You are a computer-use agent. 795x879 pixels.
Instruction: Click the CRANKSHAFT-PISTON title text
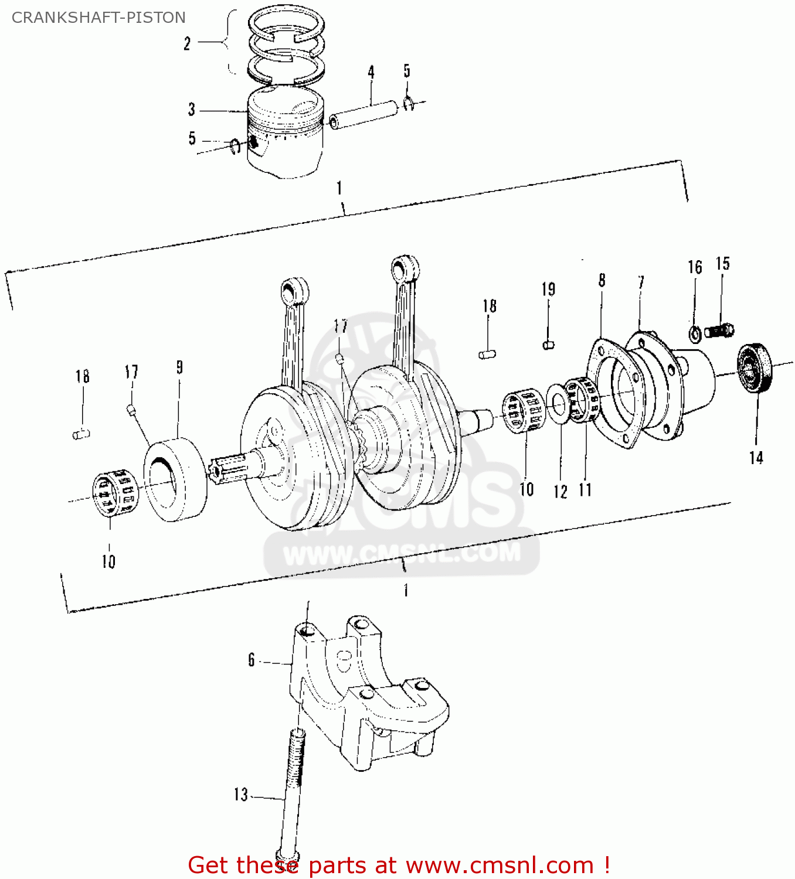98,18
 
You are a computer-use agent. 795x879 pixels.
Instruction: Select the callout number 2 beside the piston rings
187,43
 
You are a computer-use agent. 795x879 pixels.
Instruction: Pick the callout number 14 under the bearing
756,458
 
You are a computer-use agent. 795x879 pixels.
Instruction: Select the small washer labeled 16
695,334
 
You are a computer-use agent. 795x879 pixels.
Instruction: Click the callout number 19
548,289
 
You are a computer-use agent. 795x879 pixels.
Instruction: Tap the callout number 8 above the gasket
602,281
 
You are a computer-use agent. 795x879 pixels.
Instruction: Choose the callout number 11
585,489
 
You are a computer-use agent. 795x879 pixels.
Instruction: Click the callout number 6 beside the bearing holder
252,660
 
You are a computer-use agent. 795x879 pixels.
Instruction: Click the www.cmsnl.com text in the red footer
500,865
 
